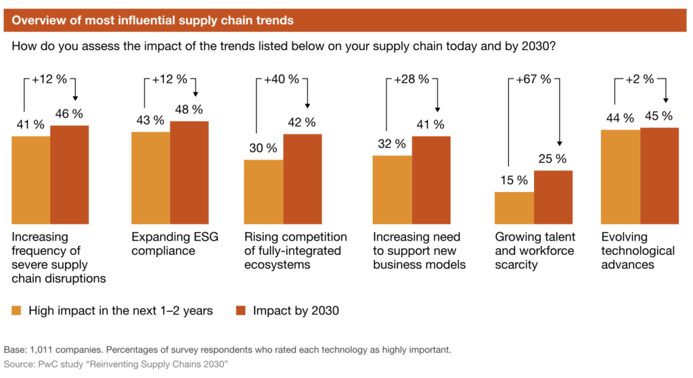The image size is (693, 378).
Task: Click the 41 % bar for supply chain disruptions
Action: click(30, 180)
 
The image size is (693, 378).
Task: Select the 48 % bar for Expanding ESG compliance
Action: click(189, 172)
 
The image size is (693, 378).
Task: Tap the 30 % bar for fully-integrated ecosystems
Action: click(263, 191)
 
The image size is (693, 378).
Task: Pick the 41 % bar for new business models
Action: click(431, 180)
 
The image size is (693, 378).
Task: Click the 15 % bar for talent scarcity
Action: click(514, 208)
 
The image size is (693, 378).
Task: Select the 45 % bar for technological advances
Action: click(659, 175)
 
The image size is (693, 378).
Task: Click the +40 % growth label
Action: click(279, 79)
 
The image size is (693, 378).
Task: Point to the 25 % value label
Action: click(552, 159)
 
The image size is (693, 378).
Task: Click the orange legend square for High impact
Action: click(17, 311)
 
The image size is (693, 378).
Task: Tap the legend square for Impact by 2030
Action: click(241, 311)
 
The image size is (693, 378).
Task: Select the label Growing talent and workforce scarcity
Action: click(535, 251)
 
